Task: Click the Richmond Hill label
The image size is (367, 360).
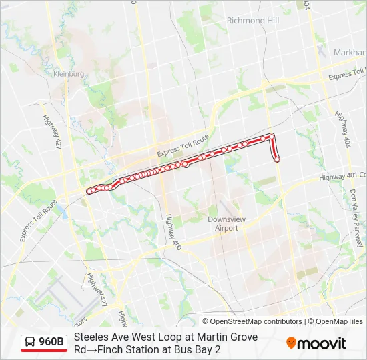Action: [252, 21]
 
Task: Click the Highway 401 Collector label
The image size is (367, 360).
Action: [342, 176]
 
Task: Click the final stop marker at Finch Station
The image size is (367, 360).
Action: [277, 159]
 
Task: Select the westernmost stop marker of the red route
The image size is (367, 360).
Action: [89, 191]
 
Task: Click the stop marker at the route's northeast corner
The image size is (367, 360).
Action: [272, 136]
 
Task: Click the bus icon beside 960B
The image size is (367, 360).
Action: [29, 343]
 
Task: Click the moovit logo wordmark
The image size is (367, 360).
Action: [322, 343]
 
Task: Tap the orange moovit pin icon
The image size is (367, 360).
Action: [291, 343]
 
